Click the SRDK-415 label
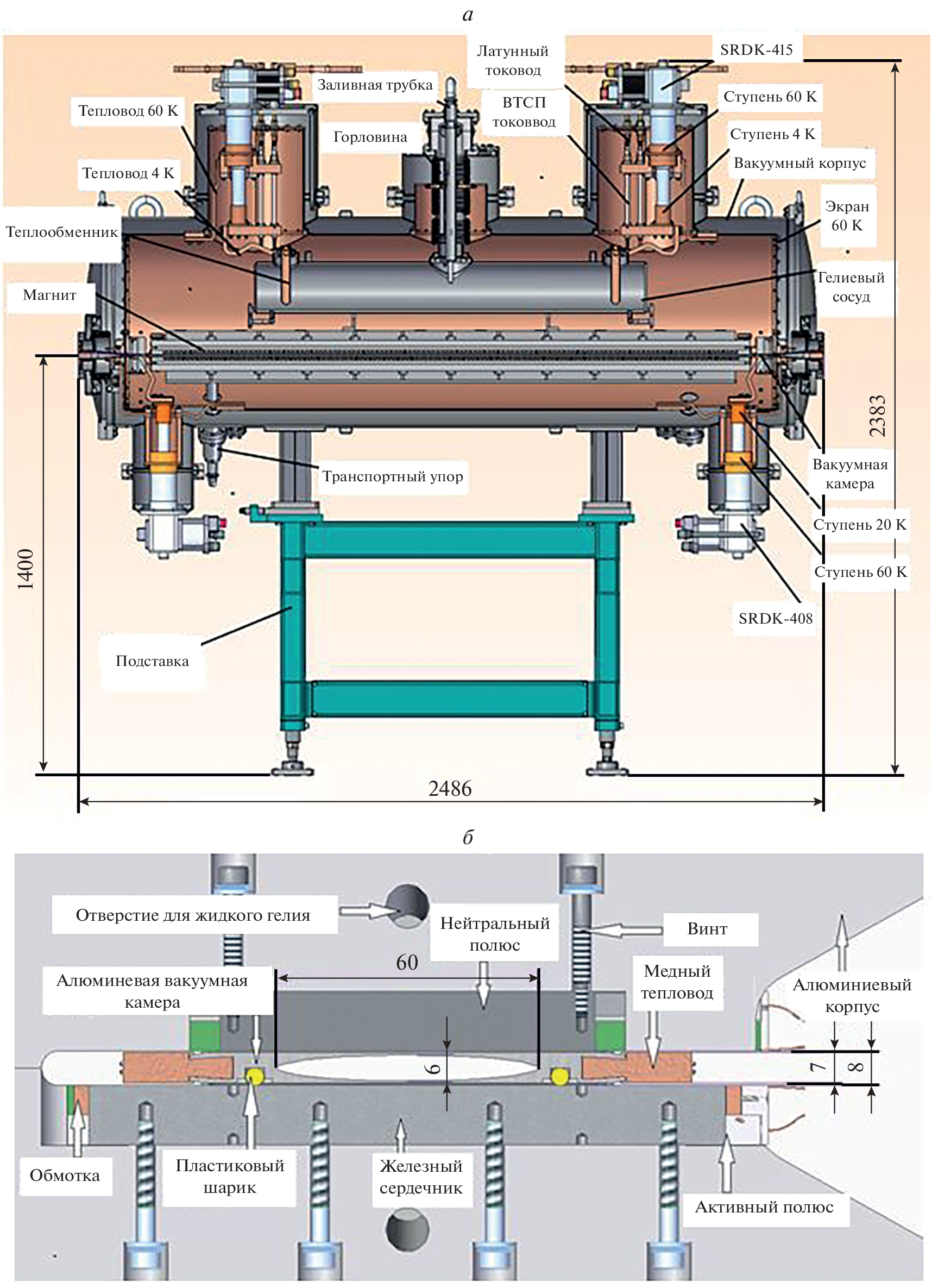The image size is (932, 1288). click(x=756, y=50)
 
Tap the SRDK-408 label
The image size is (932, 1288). click(x=775, y=618)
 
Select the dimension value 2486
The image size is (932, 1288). click(x=450, y=788)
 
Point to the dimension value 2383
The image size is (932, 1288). click(x=878, y=416)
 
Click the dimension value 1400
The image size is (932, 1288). click(x=26, y=569)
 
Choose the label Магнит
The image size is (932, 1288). click(x=49, y=295)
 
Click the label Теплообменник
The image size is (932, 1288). click(x=61, y=232)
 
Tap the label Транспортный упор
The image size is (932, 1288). click(x=393, y=476)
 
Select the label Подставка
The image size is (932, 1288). click(x=152, y=661)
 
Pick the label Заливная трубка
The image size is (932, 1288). click(x=375, y=85)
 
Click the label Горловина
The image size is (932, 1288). click(x=370, y=137)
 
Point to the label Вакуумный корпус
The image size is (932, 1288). click(x=799, y=163)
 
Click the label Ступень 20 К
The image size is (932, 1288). click(x=859, y=524)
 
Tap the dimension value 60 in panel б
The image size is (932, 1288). click(x=407, y=963)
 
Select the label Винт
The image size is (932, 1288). click(x=707, y=928)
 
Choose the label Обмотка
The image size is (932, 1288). click(x=65, y=1176)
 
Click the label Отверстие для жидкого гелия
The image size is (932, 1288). click(x=193, y=915)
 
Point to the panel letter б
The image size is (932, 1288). click(x=468, y=838)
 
